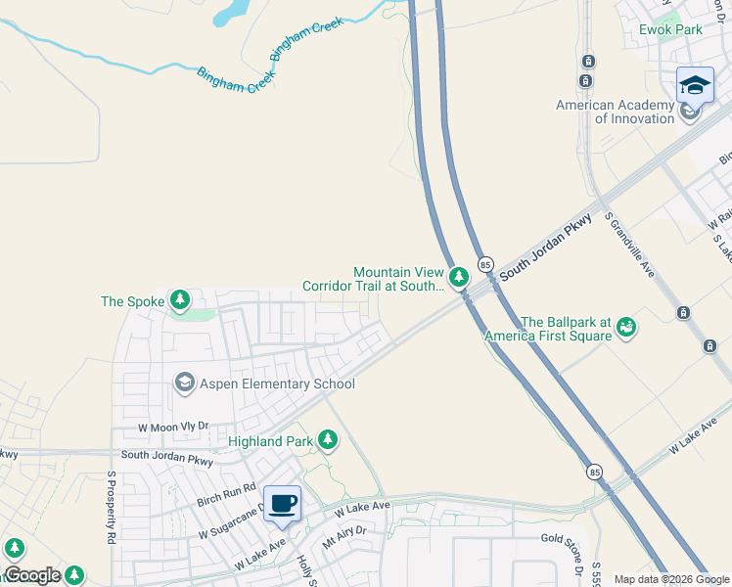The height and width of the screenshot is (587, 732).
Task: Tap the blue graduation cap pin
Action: point(695,85)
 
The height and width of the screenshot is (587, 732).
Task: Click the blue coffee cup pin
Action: point(283,504)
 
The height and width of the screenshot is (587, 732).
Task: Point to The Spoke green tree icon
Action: point(179,300)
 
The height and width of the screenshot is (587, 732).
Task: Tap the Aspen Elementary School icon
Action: point(184,384)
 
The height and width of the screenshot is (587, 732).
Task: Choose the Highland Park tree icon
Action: point(329,441)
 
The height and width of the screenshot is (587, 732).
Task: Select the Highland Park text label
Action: point(270,441)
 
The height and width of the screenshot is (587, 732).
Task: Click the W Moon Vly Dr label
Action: point(173,427)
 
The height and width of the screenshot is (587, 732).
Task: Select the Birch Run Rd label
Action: point(226,493)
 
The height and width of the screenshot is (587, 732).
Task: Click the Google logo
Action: point(32,574)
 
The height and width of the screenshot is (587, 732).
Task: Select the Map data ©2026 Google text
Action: point(671,579)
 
